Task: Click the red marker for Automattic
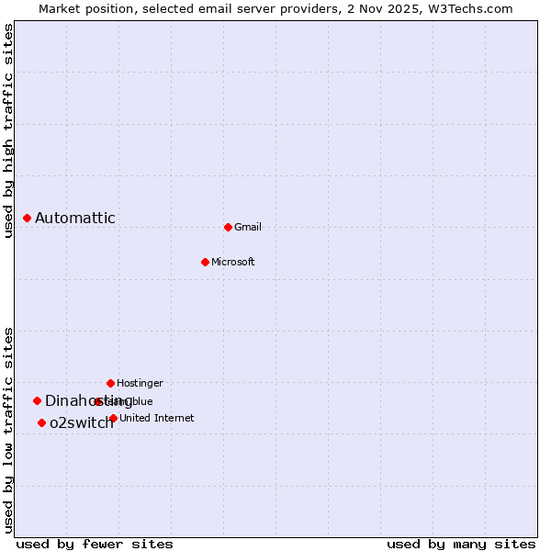[28, 218]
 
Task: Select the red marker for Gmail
[228, 227]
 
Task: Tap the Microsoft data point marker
[205, 262]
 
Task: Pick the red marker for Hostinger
[110, 383]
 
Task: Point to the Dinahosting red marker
[37, 400]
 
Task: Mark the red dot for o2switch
[41, 422]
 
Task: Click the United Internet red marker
[113, 418]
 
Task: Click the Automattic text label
[75, 218]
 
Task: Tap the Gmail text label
[248, 227]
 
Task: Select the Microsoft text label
[233, 262]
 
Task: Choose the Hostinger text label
[140, 383]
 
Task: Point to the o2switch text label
[82, 422]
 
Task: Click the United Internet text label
[157, 418]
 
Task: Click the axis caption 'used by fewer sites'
[95, 544]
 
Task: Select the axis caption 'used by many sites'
[461, 544]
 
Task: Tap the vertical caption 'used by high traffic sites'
[8, 130]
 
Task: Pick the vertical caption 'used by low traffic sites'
[8, 430]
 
